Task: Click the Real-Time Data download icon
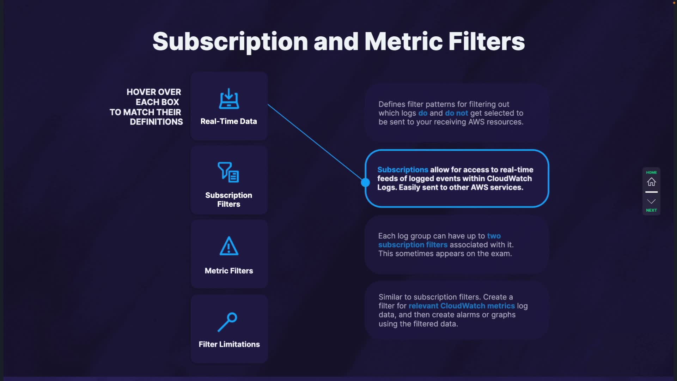coord(229,98)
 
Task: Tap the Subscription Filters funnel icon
coord(228,172)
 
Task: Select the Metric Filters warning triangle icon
coord(229,246)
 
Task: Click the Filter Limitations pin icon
coord(227,322)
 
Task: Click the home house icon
coord(651,182)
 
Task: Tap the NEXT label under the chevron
coord(651,210)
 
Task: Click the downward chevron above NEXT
coord(651,201)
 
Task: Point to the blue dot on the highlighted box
coord(365,182)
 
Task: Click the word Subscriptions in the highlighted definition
coord(403,170)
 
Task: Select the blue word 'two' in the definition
coord(494,236)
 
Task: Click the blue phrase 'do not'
coord(456,113)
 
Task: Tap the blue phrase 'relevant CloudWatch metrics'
coord(462,306)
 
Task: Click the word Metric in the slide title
coord(403,41)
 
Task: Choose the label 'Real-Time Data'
coord(229,121)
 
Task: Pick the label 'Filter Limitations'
coord(229,344)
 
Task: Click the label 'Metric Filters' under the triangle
coord(229,271)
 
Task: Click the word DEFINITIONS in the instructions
coord(156,122)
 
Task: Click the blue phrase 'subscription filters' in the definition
coord(413,245)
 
